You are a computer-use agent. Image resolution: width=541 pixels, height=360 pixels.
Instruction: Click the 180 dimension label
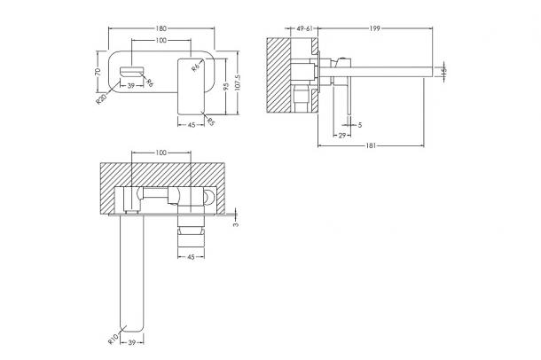coord(161,28)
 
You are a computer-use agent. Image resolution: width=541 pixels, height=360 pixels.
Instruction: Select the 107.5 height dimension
coord(238,82)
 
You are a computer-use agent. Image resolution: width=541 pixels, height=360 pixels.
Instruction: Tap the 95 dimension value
coord(226,86)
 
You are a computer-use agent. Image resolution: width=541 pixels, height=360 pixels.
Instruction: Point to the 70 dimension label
coord(98,72)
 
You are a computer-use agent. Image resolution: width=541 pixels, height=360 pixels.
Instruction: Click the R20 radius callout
coord(101,99)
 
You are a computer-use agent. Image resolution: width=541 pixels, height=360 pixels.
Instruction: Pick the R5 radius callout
coord(211,121)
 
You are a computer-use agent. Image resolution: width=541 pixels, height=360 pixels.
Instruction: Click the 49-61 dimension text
coord(304,28)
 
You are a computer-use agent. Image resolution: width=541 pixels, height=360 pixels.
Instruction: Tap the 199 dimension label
coord(374,28)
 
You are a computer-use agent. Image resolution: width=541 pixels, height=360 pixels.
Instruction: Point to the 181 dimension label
coord(371,145)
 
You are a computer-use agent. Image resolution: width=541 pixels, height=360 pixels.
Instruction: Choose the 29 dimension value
coord(341,136)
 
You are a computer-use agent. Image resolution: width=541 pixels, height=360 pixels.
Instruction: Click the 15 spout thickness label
coord(443,72)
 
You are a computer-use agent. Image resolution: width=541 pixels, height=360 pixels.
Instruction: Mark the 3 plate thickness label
coord(236,224)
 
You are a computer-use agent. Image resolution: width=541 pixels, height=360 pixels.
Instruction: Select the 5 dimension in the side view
coord(360,125)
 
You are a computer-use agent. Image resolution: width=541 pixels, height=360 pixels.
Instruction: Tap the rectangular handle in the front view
coord(192,86)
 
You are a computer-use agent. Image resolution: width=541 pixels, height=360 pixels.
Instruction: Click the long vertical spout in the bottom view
coord(131,273)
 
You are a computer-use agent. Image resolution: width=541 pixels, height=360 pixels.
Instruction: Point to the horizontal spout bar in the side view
coord(375,72)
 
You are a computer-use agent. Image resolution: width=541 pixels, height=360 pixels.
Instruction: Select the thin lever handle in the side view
coord(349,98)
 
